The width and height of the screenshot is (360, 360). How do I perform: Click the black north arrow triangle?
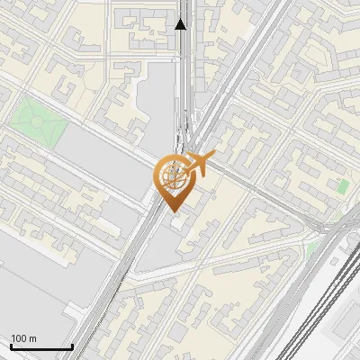[182, 23]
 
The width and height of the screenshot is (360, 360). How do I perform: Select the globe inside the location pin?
[172, 175]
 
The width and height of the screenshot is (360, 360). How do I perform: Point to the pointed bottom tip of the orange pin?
[173, 211]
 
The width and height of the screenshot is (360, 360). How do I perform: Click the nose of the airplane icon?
[214, 157]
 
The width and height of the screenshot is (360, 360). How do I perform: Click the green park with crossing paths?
[39, 122]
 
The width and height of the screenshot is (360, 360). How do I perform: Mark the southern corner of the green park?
[48, 150]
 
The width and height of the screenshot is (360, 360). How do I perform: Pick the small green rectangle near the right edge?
[343, 186]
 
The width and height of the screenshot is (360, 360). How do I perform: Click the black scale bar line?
[41, 346]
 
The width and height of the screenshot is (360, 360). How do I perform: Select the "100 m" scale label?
[23, 338]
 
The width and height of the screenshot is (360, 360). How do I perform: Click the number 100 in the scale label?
[20, 338]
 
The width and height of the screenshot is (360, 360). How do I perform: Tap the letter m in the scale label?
[32, 338]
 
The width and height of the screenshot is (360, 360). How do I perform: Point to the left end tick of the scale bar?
[11, 345]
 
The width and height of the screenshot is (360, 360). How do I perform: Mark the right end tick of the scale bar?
[72, 345]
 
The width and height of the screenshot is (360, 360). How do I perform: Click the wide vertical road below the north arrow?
[183, 81]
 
